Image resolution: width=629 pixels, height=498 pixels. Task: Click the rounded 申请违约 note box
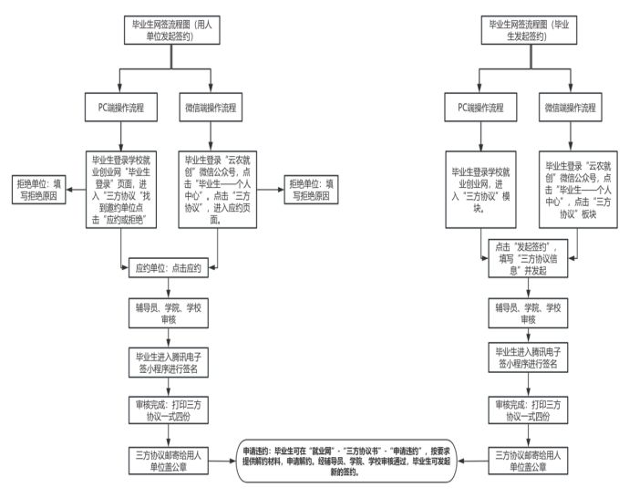[x=350, y=461]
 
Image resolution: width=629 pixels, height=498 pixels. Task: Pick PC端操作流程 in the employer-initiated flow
[x=123, y=108]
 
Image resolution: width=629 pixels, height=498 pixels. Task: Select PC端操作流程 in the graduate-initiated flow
[x=480, y=108]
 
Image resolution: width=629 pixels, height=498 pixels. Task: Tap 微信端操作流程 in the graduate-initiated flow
[x=571, y=108]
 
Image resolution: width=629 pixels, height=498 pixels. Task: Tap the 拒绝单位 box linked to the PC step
[x=38, y=188]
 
